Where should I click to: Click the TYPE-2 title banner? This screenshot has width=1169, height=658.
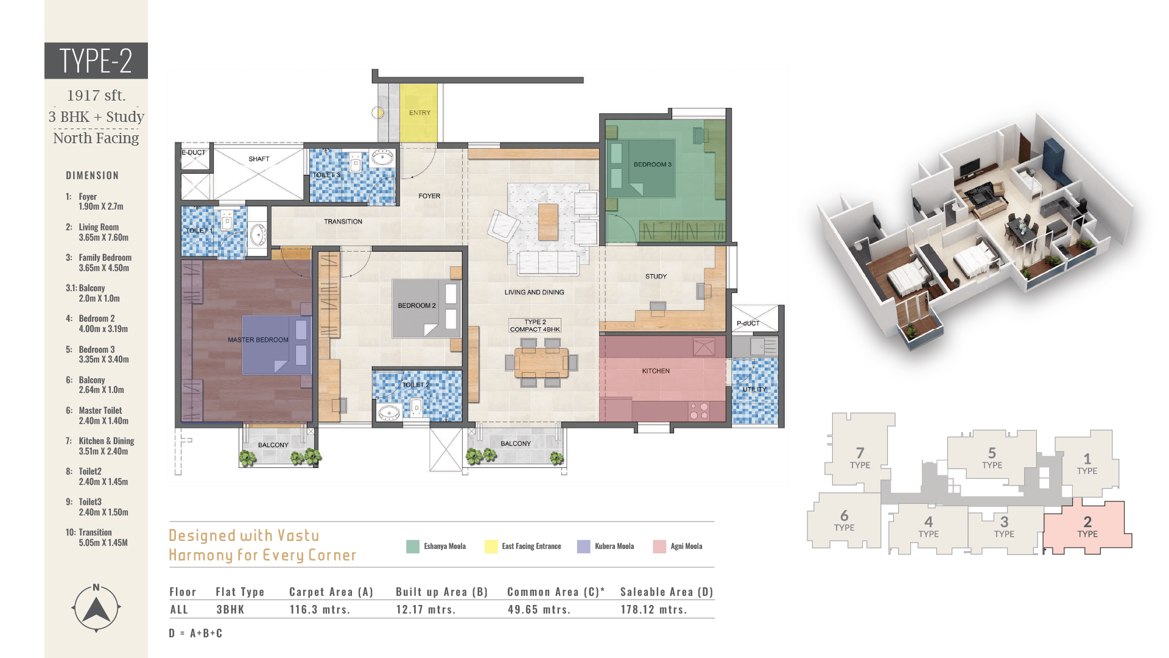(x=96, y=60)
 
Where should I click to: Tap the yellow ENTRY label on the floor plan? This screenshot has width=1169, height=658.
(x=420, y=113)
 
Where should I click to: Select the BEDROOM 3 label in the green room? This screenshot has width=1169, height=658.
(x=652, y=164)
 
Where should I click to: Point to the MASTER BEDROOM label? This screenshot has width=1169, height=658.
(x=258, y=340)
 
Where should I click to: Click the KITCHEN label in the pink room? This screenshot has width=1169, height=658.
(x=656, y=371)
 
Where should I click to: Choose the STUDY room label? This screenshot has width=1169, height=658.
(x=656, y=277)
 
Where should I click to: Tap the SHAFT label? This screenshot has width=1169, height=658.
(x=259, y=159)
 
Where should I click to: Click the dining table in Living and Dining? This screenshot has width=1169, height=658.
(x=541, y=363)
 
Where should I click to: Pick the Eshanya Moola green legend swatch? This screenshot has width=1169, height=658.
(x=413, y=547)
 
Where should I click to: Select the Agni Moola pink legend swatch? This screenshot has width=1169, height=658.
(x=659, y=547)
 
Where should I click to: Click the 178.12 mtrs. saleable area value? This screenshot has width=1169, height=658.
(x=654, y=609)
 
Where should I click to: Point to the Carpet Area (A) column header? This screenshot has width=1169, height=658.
(x=331, y=592)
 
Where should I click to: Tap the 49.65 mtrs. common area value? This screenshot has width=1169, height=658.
(x=539, y=609)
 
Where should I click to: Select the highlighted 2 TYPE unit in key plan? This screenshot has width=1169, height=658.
(x=1087, y=526)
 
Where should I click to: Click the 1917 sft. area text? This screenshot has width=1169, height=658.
(x=96, y=96)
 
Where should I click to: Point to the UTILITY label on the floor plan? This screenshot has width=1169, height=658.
(x=754, y=389)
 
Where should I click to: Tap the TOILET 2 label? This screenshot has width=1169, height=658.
(x=416, y=385)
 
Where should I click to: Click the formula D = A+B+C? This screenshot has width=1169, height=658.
(x=195, y=634)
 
